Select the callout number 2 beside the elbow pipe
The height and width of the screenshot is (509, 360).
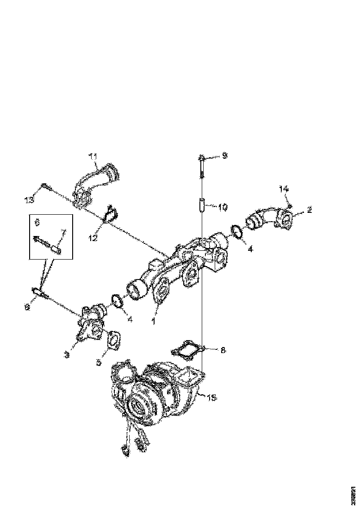[310, 210]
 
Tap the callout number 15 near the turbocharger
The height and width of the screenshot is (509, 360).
[211, 397]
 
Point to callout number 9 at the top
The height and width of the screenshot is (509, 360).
[224, 156]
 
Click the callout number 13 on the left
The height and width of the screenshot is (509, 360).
[30, 199]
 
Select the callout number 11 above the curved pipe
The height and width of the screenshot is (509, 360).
[93, 157]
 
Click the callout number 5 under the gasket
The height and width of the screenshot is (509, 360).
[99, 363]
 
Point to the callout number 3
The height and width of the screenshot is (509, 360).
[67, 355]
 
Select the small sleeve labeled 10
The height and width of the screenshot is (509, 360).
[202, 204]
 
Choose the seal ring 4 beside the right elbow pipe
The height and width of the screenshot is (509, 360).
[236, 232]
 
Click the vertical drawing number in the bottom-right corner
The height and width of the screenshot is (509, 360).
[354, 496]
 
